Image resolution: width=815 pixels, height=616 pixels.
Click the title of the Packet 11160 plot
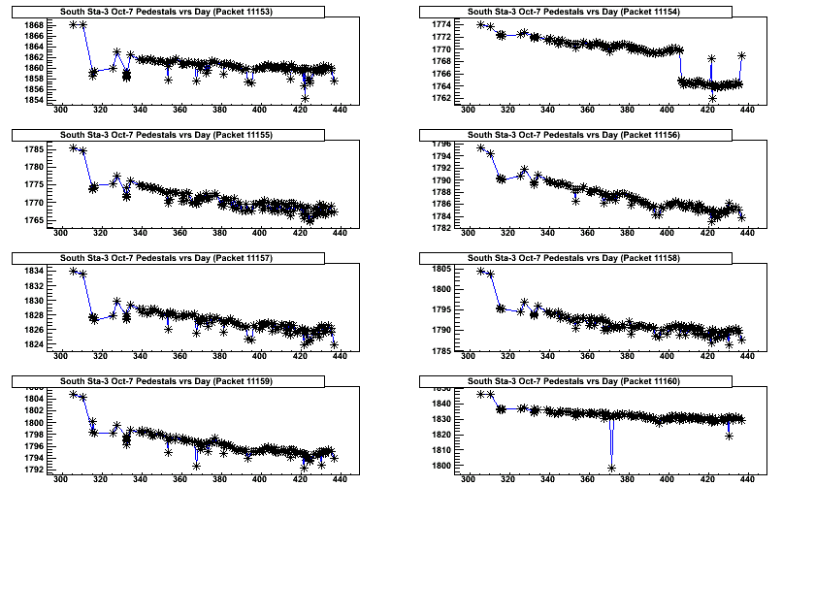[x=574, y=381]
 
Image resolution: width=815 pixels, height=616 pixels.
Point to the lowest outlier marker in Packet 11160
[x=612, y=469]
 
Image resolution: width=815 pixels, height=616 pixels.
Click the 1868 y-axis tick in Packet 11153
[x=32, y=24]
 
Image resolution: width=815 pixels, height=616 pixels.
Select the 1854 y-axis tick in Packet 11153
[x=32, y=99]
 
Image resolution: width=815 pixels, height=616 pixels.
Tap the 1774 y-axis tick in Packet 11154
[x=440, y=23]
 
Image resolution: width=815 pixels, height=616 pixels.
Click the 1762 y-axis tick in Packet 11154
[x=440, y=98]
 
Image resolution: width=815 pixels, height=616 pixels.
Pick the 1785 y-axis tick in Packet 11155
[x=32, y=149]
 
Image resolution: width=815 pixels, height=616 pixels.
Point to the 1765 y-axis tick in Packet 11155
[x=32, y=220]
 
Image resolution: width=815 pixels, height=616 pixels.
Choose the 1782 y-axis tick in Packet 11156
[x=440, y=228]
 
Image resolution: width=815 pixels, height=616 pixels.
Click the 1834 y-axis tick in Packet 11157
[x=32, y=271]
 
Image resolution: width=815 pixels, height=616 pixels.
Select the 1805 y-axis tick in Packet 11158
[x=440, y=269]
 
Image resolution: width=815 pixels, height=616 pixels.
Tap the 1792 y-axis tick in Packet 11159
[x=32, y=470]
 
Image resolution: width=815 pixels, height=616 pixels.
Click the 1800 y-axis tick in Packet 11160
[x=440, y=466]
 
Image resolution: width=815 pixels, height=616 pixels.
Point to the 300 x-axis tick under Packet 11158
[x=469, y=356]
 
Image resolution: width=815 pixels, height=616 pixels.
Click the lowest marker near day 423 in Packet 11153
[x=305, y=98]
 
